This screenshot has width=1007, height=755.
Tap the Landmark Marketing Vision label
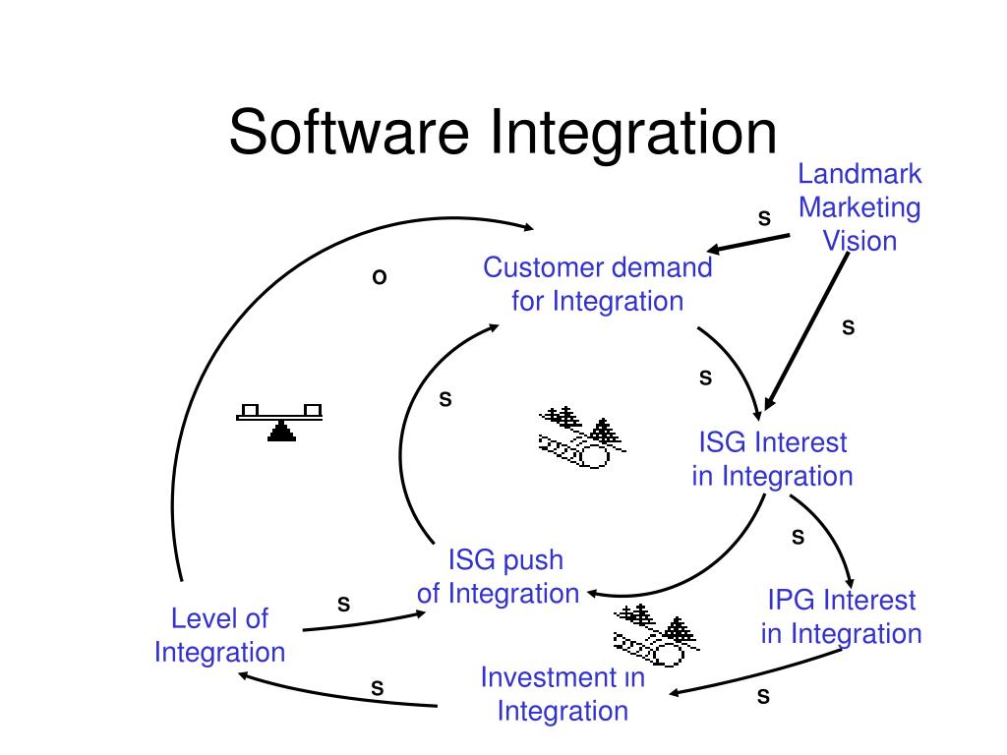point(859,207)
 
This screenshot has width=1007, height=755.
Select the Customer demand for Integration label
point(597,284)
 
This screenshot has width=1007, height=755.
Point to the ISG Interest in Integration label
point(772,459)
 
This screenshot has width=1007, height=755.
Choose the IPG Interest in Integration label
point(841,616)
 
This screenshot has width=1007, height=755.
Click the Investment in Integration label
point(563,693)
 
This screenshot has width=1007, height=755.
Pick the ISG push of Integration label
point(499,577)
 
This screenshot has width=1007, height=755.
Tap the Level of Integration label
point(219,635)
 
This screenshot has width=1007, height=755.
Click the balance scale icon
point(282,421)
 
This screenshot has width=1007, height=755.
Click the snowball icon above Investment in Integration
point(654,634)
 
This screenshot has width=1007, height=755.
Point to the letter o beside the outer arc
point(379,277)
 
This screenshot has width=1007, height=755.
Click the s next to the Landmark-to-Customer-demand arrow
point(764,217)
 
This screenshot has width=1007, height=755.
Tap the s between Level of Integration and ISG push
point(344,602)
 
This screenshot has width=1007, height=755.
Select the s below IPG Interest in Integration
point(763,696)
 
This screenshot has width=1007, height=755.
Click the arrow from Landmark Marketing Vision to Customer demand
point(747,244)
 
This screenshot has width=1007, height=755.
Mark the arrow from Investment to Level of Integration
point(334,696)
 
